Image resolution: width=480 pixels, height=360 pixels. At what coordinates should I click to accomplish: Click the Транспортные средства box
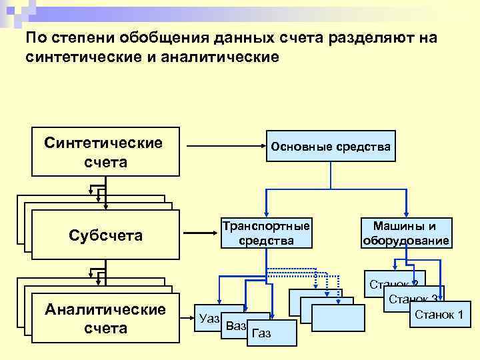pyautogui.click(x=266, y=233)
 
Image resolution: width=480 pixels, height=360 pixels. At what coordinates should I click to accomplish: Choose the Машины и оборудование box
pyautogui.click(x=405, y=233)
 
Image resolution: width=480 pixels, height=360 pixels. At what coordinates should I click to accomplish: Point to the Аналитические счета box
pyautogui.click(x=105, y=319)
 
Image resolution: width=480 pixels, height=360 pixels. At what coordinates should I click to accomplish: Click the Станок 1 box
pyautogui.click(x=439, y=314)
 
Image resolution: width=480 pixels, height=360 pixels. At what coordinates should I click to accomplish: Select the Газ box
pyautogui.click(x=263, y=333)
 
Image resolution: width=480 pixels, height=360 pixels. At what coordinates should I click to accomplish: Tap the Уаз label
pyautogui.click(x=209, y=318)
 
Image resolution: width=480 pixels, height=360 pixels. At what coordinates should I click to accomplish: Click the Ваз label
pyautogui.click(x=236, y=326)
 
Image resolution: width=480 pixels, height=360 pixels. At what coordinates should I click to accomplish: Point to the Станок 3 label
pyautogui.click(x=413, y=299)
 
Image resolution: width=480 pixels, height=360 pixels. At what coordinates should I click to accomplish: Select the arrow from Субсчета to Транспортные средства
pyautogui.click(x=200, y=233)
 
